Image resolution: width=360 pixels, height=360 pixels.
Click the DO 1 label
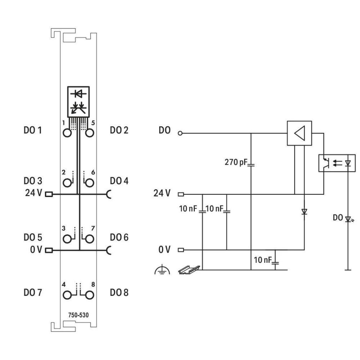33,130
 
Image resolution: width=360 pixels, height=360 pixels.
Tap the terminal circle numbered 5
89,133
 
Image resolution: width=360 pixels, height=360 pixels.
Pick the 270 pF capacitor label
236,163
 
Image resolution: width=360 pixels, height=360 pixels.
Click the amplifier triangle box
299,133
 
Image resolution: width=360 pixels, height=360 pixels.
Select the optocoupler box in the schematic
337,163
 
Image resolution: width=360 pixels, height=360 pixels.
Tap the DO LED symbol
348,219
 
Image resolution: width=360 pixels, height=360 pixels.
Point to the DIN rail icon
188,269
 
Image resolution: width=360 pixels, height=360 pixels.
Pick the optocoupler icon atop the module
78,100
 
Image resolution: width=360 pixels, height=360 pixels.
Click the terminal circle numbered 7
89,239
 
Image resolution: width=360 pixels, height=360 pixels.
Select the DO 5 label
33,238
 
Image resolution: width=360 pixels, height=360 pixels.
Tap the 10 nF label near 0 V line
263,260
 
